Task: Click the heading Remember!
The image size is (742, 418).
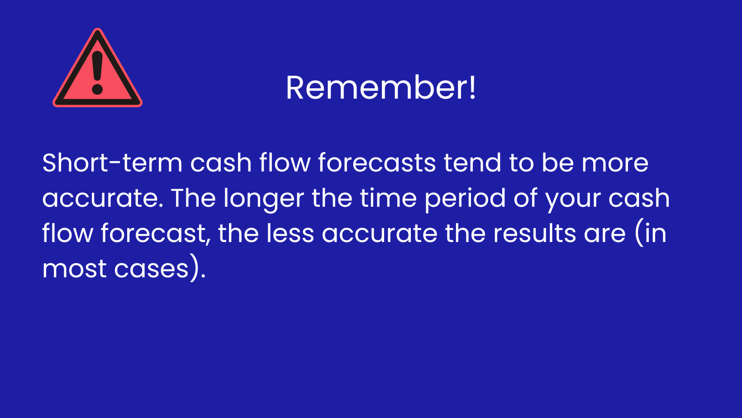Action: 381,88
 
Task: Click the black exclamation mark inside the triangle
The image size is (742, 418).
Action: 97,72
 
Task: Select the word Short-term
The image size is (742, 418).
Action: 112,163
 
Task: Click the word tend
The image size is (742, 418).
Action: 472,163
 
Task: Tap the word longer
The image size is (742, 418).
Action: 263,199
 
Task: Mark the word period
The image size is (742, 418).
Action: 465,199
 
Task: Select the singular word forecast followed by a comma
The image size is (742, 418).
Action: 156,233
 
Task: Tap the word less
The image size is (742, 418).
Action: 290,233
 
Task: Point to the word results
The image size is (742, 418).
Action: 534,233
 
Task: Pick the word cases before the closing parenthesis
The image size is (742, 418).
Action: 151,269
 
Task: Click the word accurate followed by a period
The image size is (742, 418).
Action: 103,199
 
